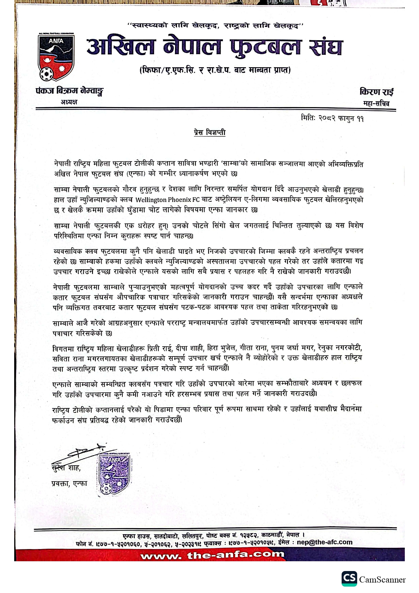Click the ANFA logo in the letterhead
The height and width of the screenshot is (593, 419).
(56, 57)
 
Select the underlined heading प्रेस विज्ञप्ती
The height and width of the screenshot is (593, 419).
(209, 132)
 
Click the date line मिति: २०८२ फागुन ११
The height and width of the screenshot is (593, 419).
(332, 119)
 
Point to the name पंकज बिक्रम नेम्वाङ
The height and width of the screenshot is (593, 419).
(69, 91)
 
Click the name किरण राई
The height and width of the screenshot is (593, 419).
(376, 92)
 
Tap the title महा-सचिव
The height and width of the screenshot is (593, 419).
(376, 103)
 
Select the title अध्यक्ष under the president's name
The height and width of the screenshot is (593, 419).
(69, 102)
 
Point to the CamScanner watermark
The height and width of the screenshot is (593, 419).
(374, 579)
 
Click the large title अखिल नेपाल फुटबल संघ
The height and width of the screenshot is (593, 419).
(214, 47)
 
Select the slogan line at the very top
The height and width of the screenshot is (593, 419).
(216, 25)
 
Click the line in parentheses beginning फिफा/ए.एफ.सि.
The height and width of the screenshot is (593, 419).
(215, 70)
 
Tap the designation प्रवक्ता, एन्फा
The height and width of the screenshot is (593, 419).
(69, 484)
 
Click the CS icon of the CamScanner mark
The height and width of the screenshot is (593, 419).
(349, 578)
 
